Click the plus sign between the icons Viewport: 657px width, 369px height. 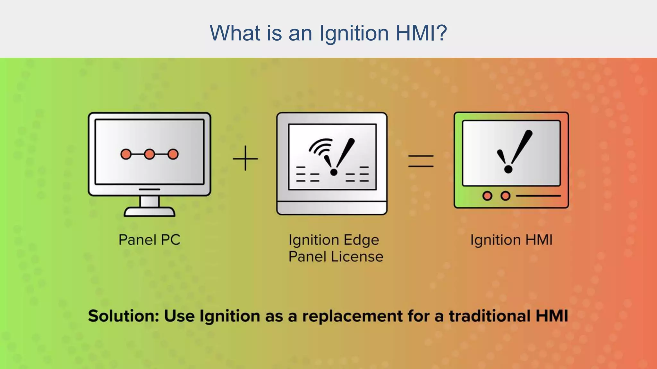(245, 158)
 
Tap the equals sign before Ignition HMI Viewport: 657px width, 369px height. (421, 161)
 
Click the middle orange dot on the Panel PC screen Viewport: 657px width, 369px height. (149, 154)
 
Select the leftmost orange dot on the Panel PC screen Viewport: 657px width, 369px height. (126, 154)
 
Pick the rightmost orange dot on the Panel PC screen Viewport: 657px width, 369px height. (173, 154)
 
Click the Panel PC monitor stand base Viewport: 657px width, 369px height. (149, 212)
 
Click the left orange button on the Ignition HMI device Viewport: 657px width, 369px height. (487, 196)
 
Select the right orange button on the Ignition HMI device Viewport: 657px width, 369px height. (505, 196)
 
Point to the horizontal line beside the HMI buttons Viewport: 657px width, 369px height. (538, 196)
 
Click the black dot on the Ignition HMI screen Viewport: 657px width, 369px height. (508, 169)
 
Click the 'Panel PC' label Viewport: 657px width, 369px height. (149, 240)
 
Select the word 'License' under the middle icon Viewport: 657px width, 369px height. (357, 257)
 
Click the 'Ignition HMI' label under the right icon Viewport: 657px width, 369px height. (511, 240)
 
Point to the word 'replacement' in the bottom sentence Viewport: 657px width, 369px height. (352, 316)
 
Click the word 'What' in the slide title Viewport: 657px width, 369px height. (235, 33)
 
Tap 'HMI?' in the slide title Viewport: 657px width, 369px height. (421, 33)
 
